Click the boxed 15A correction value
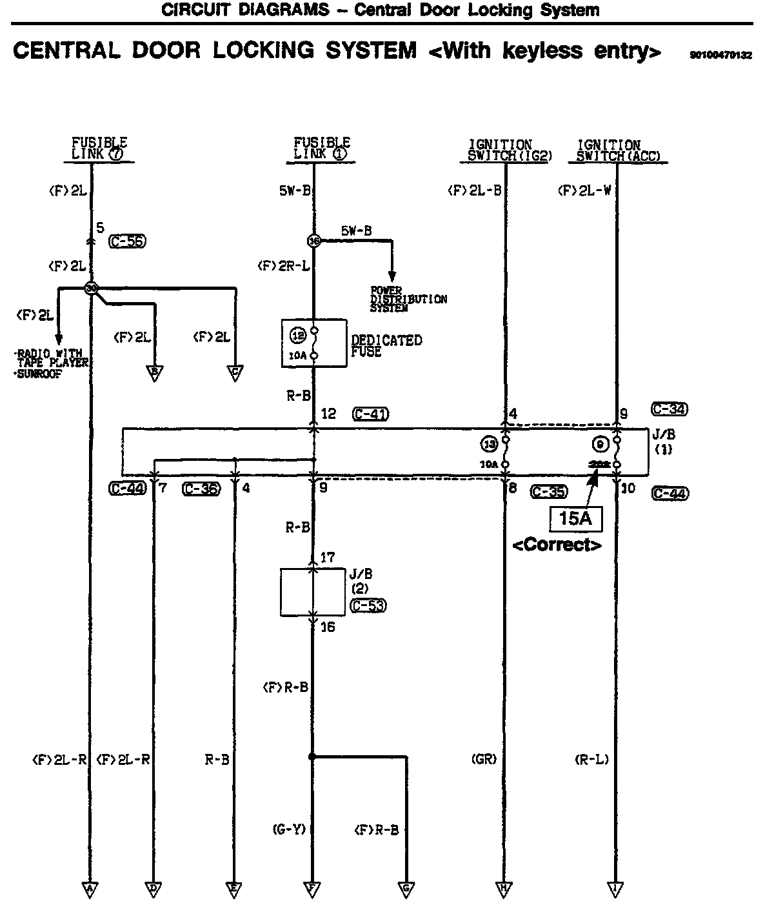click(x=575, y=518)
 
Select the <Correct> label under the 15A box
click(x=557, y=545)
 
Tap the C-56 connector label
click(x=128, y=241)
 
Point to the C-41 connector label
click(x=371, y=414)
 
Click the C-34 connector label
click(x=670, y=409)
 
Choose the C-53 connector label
click(x=368, y=605)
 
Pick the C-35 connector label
click(x=549, y=492)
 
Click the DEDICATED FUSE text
click(x=386, y=346)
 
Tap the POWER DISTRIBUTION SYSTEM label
click(x=408, y=300)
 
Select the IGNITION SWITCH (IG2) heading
click(x=501, y=150)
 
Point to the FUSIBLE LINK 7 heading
click(x=99, y=148)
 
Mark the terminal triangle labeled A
click(x=90, y=889)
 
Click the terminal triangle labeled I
click(x=616, y=889)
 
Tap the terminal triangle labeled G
click(x=406, y=889)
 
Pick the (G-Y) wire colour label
click(x=288, y=829)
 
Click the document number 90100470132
click(x=720, y=56)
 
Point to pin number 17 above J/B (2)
click(x=328, y=557)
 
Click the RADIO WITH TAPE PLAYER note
click(x=50, y=358)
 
